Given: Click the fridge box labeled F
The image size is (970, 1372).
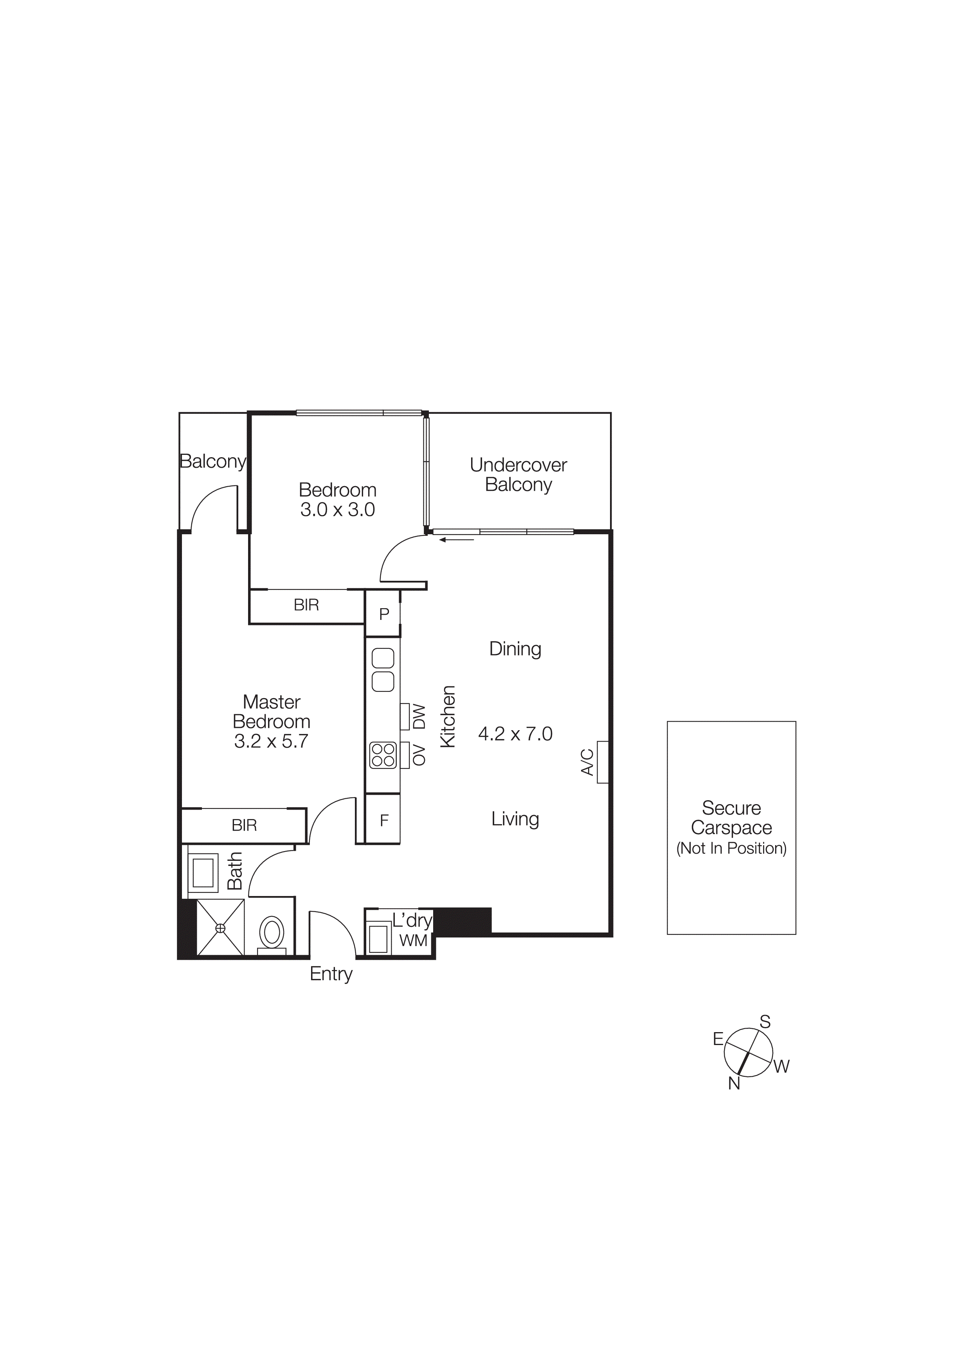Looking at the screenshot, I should pyautogui.click(x=384, y=821).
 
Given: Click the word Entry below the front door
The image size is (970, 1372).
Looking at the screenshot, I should pyautogui.click(x=331, y=974).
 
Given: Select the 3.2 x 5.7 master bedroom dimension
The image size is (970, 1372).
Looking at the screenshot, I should pyautogui.click(x=271, y=741).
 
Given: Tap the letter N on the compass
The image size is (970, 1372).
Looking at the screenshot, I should pyautogui.click(x=734, y=1083).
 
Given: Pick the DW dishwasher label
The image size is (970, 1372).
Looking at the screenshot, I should pyautogui.click(x=419, y=717).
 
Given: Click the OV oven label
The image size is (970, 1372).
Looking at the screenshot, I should pyautogui.click(x=419, y=755).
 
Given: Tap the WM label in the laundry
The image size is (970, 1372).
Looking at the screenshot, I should pyautogui.click(x=413, y=941).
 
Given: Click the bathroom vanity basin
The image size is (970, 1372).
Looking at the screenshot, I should pyautogui.click(x=203, y=873).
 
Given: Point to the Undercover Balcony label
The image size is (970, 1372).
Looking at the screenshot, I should pyautogui.click(x=518, y=474).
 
